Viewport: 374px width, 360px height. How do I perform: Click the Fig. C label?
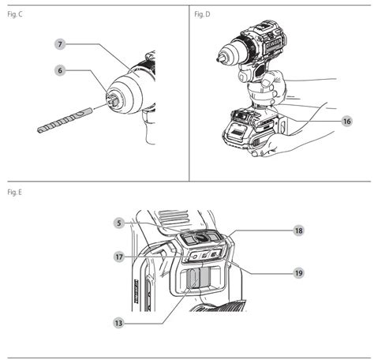15,14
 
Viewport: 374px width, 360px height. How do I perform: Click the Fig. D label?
202,14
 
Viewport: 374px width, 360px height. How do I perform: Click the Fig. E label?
14,192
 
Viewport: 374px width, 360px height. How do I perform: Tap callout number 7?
60,44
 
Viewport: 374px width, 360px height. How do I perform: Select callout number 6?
60,70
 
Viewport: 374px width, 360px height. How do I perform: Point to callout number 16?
347,121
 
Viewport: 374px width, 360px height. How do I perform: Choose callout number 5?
119,223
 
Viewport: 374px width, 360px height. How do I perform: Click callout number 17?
119,257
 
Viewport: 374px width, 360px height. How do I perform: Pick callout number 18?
298,231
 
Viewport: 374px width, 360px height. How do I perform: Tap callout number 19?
298,273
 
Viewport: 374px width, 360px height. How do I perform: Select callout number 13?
118,323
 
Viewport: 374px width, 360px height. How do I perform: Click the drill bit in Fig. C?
65,120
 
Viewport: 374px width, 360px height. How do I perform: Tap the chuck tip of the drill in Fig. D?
219,60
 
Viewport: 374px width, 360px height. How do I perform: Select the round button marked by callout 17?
195,257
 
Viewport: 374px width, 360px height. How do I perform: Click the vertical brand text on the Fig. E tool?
137,291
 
